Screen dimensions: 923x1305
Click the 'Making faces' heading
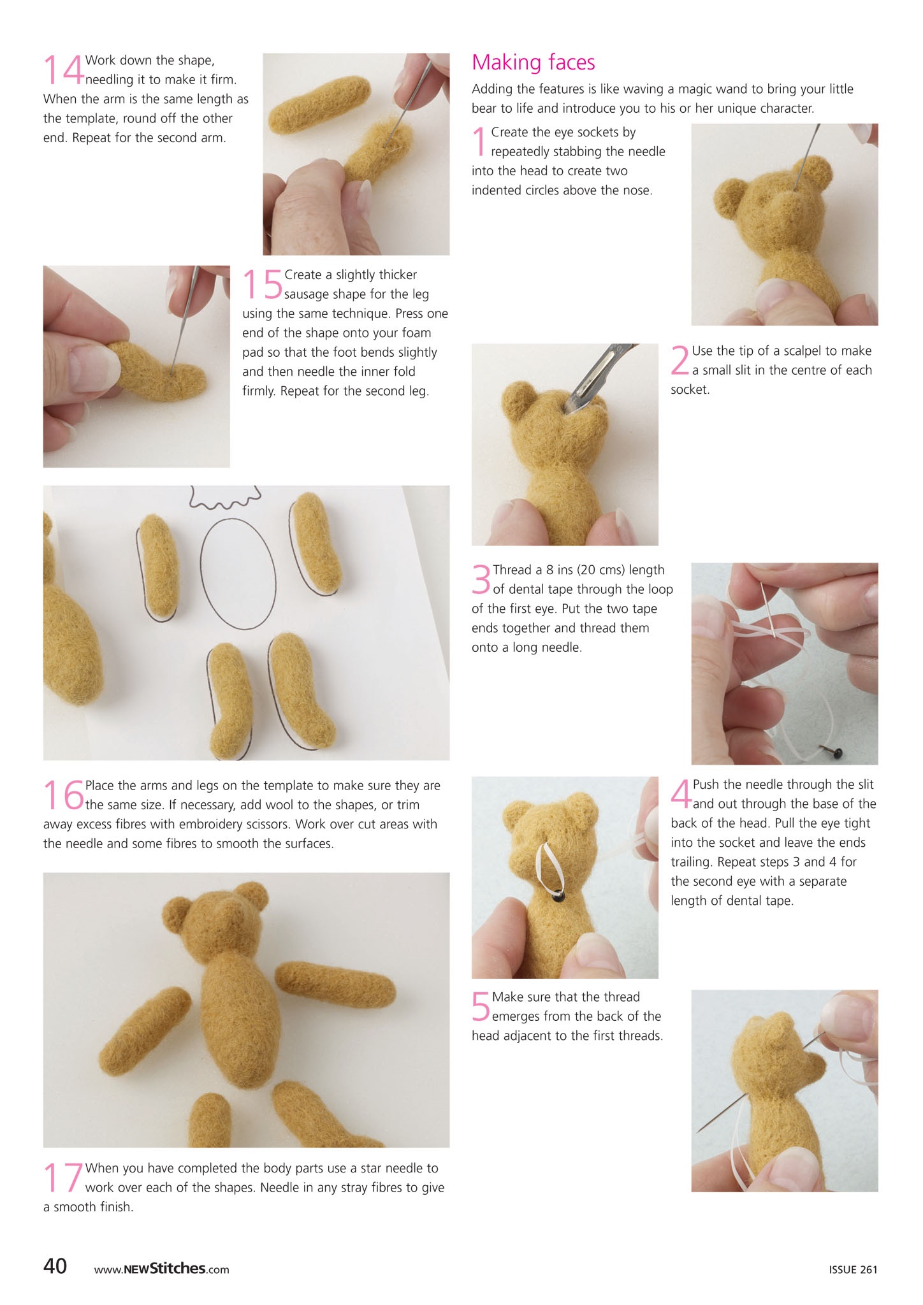tap(533, 62)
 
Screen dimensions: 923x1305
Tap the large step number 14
tap(63, 69)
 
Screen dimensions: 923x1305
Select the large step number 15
tap(262, 284)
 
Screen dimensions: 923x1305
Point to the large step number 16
tap(63, 795)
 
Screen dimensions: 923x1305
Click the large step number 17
tap(63, 1178)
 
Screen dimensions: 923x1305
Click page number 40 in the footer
tap(55, 1265)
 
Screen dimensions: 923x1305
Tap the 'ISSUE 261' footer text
tap(853, 1269)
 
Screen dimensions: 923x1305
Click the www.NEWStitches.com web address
tap(161, 1269)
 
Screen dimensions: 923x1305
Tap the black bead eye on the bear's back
tap(558, 897)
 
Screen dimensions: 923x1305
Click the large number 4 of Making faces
tap(681, 794)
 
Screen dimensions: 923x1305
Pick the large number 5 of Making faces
tap(481, 1006)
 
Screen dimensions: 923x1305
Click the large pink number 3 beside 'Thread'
tap(481, 579)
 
